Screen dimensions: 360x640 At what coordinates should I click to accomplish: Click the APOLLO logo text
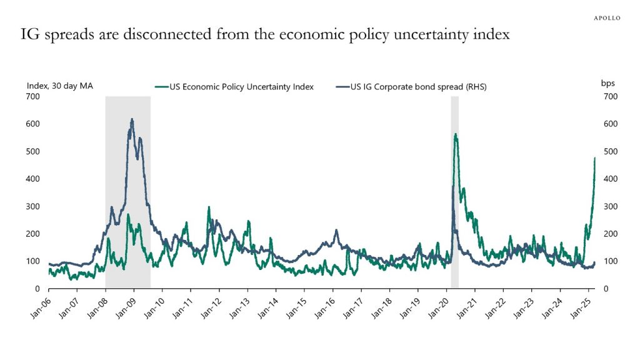click(606, 18)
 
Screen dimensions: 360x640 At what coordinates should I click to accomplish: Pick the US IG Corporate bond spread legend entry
click(416, 87)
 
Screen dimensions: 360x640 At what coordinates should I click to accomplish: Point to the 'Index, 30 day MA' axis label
click(60, 86)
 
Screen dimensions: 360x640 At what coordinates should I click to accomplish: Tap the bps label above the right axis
click(608, 83)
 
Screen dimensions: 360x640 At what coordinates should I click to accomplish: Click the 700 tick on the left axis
click(32, 96)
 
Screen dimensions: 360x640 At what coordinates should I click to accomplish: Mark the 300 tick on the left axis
click(32, 206)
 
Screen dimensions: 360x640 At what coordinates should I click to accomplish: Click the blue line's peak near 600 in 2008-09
click(131, 119)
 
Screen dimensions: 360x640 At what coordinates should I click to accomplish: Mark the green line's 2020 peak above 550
click(455, 134)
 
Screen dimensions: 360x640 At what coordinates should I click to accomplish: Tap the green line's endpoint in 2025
click(594, 159)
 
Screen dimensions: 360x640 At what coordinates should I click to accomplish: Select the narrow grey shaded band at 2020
click(454, 187)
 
